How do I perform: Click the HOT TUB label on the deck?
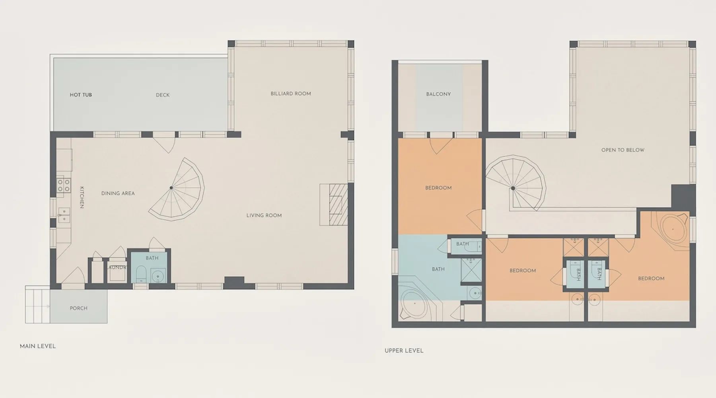81,95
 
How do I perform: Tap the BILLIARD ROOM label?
291,94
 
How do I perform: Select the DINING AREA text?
118,193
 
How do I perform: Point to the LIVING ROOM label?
264,215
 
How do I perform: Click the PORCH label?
79,308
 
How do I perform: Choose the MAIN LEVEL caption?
38,346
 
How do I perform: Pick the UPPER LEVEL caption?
404,351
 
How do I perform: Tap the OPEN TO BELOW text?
623,150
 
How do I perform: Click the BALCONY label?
439,94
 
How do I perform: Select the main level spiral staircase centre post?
171,188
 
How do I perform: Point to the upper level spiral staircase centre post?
513,188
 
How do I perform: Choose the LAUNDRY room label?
117,267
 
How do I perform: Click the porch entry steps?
38,304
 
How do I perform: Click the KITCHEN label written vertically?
82,197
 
